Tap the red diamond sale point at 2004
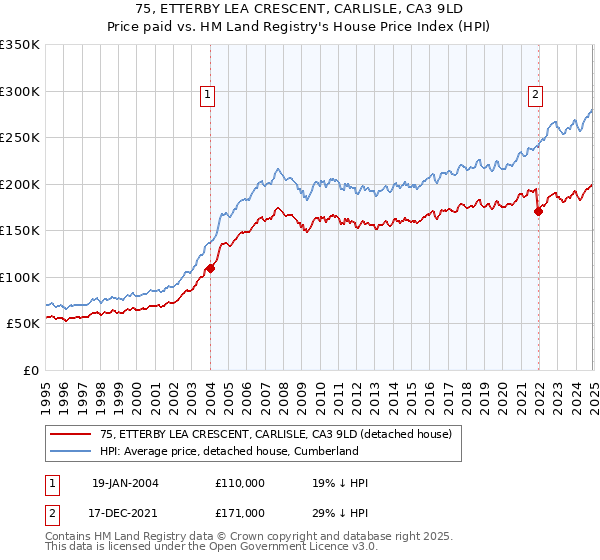[x=211, y=268]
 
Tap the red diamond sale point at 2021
[x=539, y=211]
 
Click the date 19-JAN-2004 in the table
[x=124, y=483]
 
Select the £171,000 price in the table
[x=240, y=512]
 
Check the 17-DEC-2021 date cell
[x=124, y=512]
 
